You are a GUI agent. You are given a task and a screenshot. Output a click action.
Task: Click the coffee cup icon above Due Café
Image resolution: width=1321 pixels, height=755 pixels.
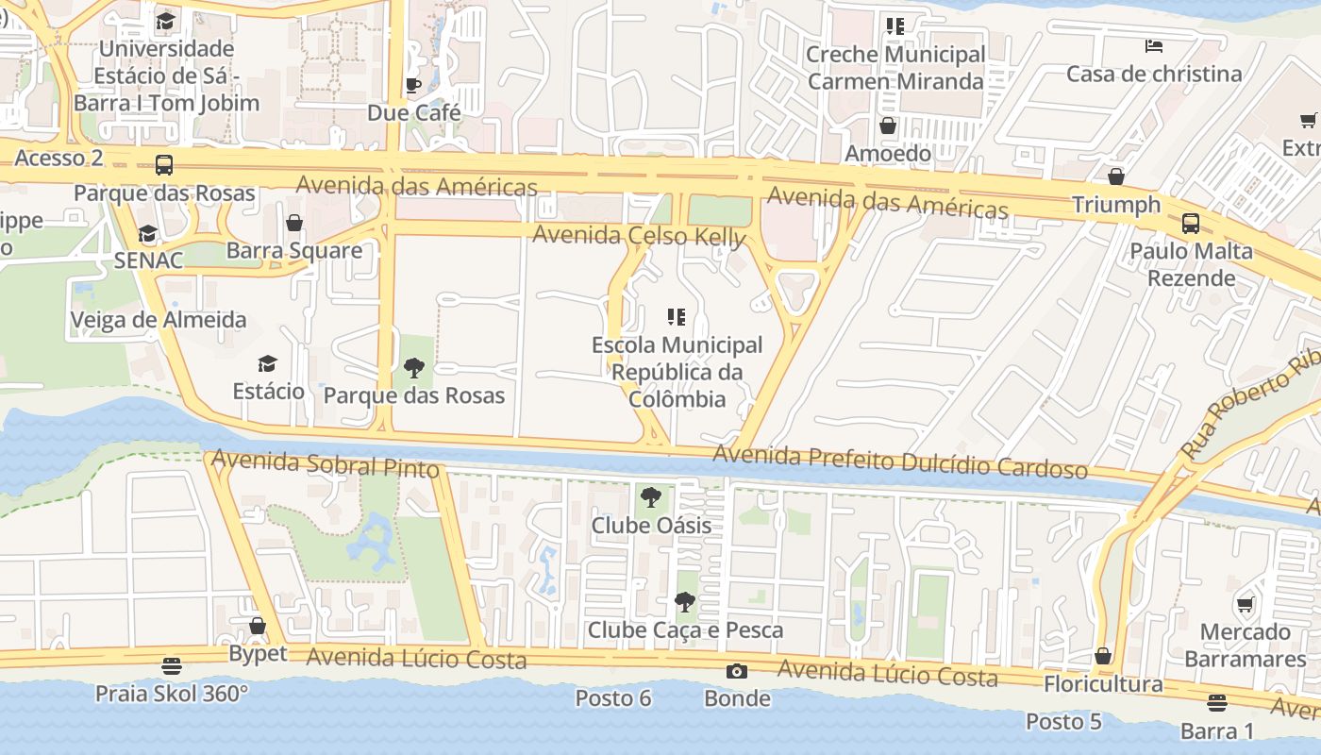(412, 86)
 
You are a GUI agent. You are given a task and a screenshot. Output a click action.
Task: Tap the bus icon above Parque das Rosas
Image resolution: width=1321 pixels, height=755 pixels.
(164, 165)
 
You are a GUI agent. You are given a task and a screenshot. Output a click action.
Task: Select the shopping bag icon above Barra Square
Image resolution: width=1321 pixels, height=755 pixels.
(294, 224)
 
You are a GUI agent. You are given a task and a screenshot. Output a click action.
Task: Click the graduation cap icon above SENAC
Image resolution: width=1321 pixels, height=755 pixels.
(147, 234)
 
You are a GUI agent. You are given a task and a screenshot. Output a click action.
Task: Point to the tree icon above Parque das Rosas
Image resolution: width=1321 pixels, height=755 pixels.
(413, 368)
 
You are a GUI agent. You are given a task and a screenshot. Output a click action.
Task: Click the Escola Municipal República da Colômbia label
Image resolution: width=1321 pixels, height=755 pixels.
(677, 372)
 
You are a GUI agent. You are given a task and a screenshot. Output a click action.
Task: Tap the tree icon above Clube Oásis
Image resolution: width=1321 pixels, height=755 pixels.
(650, 497)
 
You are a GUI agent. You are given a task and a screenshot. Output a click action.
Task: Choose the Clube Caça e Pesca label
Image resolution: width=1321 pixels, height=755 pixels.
(685, 629)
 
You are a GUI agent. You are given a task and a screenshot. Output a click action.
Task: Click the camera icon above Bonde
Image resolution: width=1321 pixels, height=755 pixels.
(737, 671)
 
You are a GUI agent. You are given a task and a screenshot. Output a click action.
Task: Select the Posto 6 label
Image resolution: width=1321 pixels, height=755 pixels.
(613, 698)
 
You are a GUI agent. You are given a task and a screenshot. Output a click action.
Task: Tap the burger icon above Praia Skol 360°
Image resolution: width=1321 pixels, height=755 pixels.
(171, 666)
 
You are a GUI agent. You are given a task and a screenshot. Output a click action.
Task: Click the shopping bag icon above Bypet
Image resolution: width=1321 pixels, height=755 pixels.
(257, 626)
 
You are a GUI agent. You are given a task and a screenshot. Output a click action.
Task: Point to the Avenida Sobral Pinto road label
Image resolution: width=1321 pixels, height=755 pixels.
(326, 463)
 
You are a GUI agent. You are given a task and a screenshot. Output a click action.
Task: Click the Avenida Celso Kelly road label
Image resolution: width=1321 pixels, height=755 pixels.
(639, 236)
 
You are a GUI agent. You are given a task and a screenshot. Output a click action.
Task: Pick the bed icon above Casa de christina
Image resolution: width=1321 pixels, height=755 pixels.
(1153, 46)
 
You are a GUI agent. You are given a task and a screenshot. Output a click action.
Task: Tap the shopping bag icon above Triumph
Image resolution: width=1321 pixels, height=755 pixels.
(1116, 177)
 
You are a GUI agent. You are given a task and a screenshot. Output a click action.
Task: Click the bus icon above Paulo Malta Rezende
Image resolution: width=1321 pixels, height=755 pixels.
(1191, 224)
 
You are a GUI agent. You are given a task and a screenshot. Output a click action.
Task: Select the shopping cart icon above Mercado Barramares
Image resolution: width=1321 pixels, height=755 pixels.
(1245, 605)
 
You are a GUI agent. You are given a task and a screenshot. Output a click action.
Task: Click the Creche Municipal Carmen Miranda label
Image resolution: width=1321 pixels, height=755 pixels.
(895, 68)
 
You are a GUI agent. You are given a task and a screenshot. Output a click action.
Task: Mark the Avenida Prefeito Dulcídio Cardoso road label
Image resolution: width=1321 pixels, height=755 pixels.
(899, 461)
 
